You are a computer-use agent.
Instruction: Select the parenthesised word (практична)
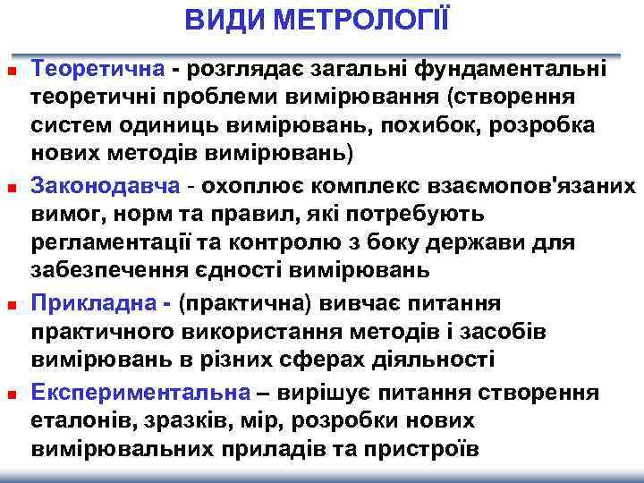[x=242, y=302]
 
